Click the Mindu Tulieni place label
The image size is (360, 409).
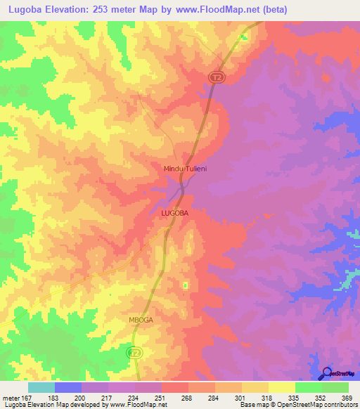click(x=184, y=169)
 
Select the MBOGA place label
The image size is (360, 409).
click(x=141, y=319)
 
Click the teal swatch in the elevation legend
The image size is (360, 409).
click(x=41, y=387)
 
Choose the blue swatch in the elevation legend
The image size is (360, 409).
click(x=67, y=387)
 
